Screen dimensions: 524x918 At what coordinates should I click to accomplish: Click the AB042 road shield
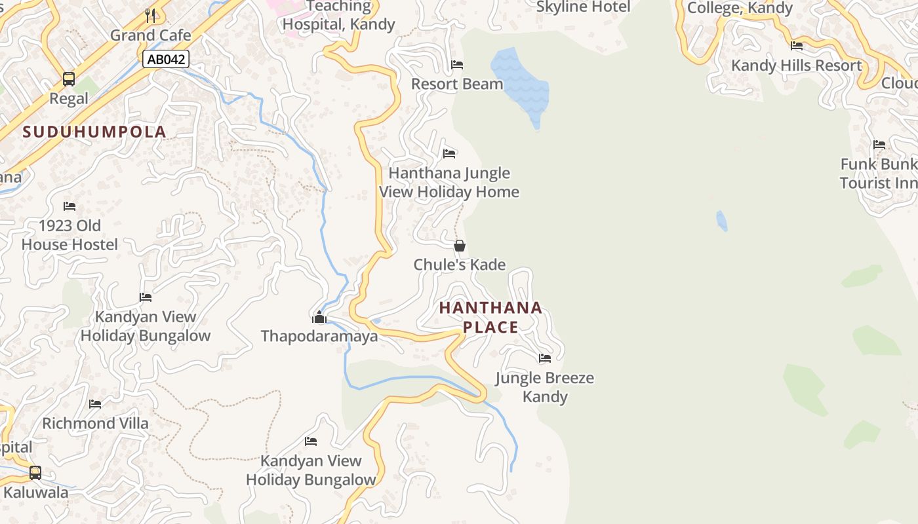click(167, 60)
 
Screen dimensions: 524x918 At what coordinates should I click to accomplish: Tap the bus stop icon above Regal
click(69, 79)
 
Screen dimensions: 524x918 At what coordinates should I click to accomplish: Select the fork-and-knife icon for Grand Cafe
click(150, 15)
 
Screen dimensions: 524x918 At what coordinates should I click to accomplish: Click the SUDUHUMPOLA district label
click(94, 132)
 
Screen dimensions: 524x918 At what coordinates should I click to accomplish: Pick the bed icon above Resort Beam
click(457, 65)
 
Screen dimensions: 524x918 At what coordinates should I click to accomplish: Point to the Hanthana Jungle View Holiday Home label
click(449, 183)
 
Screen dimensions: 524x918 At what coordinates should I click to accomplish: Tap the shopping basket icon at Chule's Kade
click(460, 246)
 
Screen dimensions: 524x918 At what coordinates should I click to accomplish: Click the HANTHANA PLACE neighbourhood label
click(490, 317)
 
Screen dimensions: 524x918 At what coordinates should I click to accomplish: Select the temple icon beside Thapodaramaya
click(319, 318)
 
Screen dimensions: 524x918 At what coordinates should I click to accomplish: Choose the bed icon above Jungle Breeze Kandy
click(545, 358)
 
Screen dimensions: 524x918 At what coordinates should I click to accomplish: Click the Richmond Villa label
click(95, 423)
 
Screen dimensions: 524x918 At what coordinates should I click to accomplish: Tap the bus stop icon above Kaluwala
click(35, 472)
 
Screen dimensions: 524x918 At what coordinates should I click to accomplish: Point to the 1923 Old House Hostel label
click(70, 235)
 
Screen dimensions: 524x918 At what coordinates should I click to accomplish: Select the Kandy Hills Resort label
click(796, 65)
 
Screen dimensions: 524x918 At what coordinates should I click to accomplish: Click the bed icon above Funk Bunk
click(879, 145)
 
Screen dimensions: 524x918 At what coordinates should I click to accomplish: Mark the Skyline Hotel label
click(583, 7)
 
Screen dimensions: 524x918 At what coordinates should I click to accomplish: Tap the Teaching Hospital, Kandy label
click(338, 16)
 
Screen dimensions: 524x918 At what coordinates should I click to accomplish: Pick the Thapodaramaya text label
click(319, 336)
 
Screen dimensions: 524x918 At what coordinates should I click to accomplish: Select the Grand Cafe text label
click(150, 35)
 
